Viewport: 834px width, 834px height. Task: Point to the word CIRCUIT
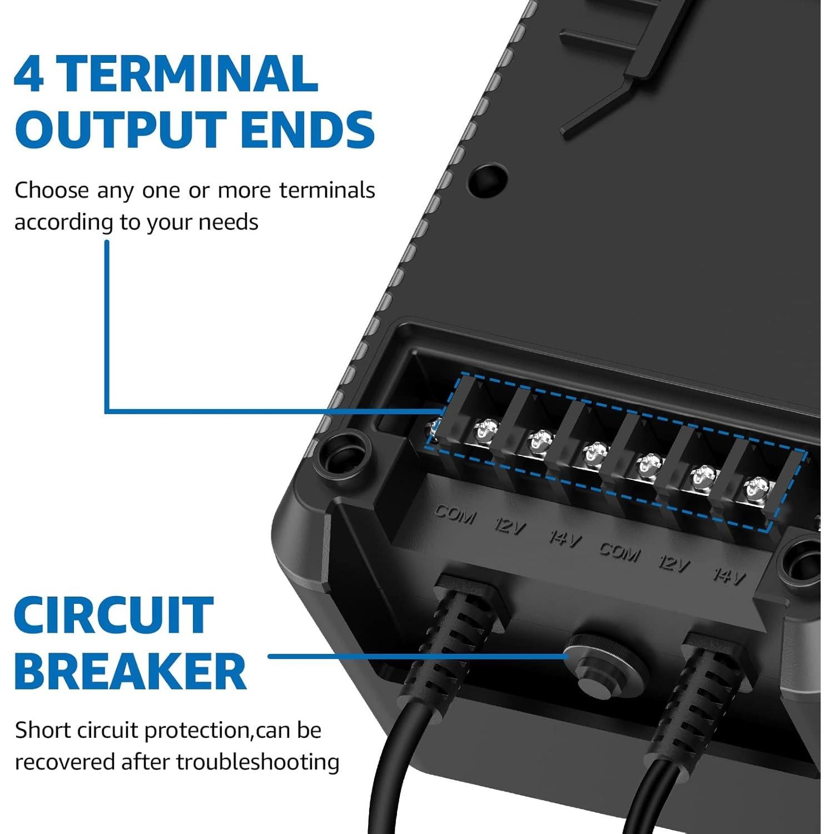(114, 615)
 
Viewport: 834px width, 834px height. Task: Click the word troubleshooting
(259, 762)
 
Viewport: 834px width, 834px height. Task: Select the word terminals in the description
(327, 190)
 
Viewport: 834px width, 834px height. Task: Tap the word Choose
(52, 190)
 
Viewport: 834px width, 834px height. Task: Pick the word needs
(229, 222)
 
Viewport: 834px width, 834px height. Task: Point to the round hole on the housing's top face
(488, 177)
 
